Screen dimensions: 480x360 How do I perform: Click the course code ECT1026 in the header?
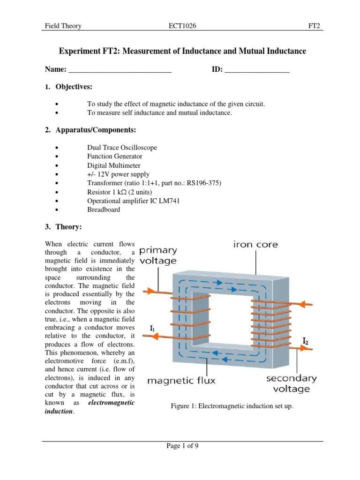coord(182,26)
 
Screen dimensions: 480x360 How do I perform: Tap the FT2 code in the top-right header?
coord(314,26)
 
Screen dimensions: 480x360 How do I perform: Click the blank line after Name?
coord(120,71)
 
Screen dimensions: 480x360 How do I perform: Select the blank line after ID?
coord(257,71)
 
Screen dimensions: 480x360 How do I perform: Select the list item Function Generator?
coord(115,156)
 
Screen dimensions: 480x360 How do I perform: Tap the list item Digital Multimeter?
coord(114,165)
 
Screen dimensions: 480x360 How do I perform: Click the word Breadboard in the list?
coord(104,210)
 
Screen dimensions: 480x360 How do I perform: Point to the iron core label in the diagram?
coord(255,245)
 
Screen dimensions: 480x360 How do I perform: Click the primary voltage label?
coord(158,255)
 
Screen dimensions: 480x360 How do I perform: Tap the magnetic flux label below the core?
coord(181,381)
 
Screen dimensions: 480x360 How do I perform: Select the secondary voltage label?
coord(292,383)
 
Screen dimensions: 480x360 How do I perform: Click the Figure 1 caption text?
coord(232,406)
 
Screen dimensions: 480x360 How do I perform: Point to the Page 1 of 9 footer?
coord(183,446)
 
